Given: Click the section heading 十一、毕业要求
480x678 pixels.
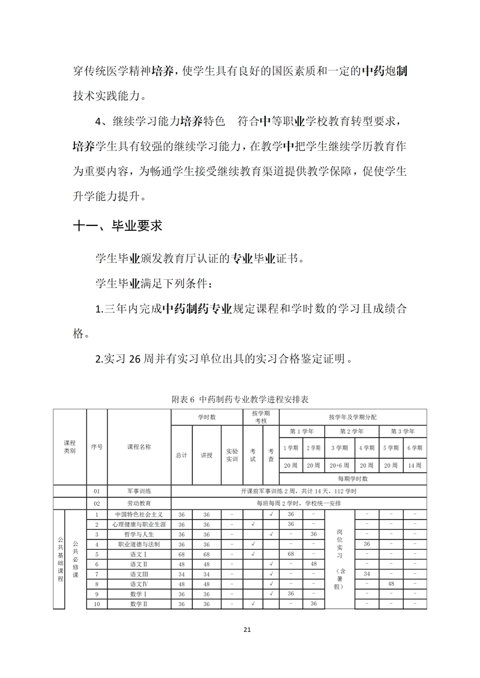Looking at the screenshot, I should [x=117, y=226].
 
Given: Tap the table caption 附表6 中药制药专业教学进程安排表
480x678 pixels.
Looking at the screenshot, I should [x=240, y=399].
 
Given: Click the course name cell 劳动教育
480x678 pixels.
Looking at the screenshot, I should [x=139, y=504].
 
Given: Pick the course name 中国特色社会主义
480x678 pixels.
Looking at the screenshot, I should [x=139, y=514].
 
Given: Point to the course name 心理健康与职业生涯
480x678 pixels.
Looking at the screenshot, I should [x=139, y=525].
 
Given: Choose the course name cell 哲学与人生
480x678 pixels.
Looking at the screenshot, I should [x=139, y=534].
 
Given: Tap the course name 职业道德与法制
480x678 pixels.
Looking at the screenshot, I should [x=139, y=544].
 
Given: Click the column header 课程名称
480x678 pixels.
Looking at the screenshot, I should [x=139, y=447].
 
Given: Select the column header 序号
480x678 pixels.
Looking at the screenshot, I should [x=97, y=447].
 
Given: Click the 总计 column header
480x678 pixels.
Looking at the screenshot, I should [x=181, y=455].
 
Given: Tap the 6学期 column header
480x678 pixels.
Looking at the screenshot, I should [x=415, y=447].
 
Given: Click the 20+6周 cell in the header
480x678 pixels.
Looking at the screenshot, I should [x=340, y=465].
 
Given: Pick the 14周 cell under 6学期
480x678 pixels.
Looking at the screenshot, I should [x=415, y=465].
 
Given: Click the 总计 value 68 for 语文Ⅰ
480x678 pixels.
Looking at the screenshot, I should [x=181, y=554].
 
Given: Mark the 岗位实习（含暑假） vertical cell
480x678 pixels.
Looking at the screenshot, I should [x=340, y=559].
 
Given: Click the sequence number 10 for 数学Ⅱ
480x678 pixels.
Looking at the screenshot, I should [x=97, y=604].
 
